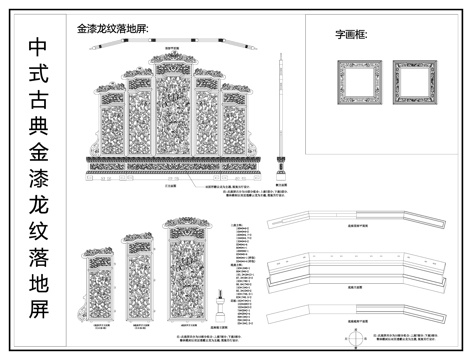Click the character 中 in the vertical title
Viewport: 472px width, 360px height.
coord(37,48)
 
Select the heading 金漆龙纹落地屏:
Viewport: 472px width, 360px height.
coord(112,29)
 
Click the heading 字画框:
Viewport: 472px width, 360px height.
coord(351,35)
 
